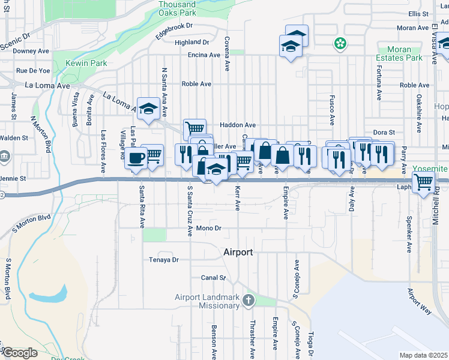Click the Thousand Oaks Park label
click(x=177, y=8)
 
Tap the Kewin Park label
click(x=87, y=63)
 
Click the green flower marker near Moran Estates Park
click(x=340, y=43)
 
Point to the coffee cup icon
click(x=135, y=158)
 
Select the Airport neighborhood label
click(x=238, y=252)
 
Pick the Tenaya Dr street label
click(x=164, y=260)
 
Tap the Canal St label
click(x=213, y=278)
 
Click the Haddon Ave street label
click(x=238, y=125)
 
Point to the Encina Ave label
click(x=203, y=55)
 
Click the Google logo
click(x=20, y=353)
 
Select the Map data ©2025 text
click(x=423, y=355)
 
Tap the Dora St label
click(x=384, y=132)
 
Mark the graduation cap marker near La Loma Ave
click(x=148, y=109)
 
